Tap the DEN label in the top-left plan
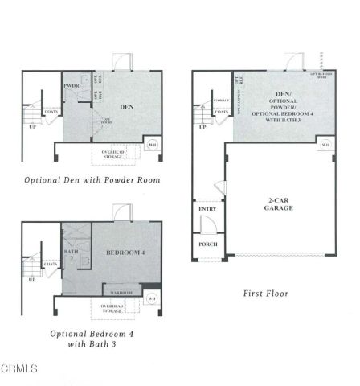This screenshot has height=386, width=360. pyautogui.click(x=126, y=106)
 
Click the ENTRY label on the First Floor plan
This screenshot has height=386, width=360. pyautogui.click(x=207, y=210)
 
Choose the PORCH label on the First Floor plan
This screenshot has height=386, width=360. pyautogui.click(x=207, y=244)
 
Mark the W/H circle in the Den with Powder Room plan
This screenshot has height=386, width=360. pyautogui.click(x=153, y=146)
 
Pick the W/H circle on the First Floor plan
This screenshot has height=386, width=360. pyautogui.click(x=325, y=144)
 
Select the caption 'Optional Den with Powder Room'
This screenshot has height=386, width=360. pyautogui.click(x=92, y=180)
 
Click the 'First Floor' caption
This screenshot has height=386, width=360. pyautogui.click(x=266, y=294)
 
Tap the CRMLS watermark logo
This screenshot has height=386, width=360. pyautogui.click(x=19, y=369)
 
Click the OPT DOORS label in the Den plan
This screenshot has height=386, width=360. pyautogui.click(x=105, y=120)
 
